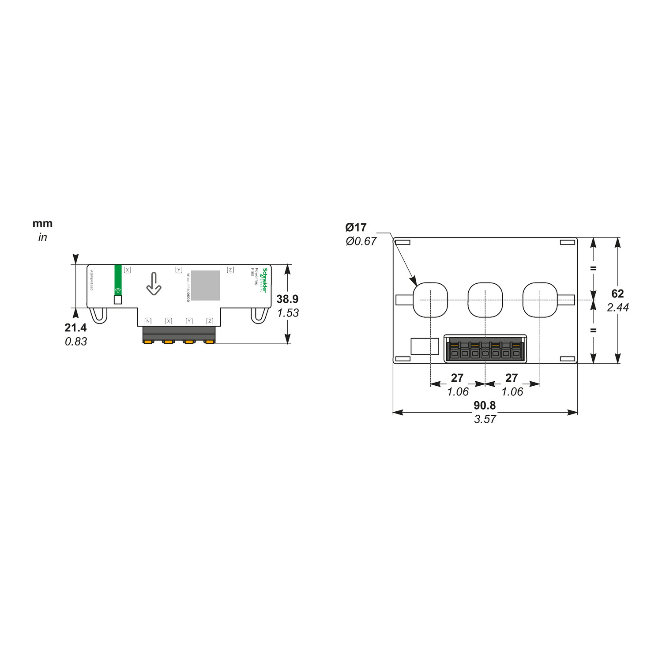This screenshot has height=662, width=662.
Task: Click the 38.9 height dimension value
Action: [287, 299]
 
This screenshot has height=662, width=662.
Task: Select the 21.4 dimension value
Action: [75, 327]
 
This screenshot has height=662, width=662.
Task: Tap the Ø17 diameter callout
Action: [356, 227]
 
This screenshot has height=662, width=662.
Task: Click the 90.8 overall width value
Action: [485, 405]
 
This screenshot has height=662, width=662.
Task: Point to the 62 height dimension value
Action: [617, 293]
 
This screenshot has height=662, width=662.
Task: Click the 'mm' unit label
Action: [42, 223]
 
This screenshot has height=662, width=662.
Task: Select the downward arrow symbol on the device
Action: [154, 284]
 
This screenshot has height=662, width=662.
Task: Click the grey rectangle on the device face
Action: [205, 285]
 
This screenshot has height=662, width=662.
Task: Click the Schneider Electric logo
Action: [264, 280]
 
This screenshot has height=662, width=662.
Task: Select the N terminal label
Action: [148, 321]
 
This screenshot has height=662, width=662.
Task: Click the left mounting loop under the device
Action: [98, 315]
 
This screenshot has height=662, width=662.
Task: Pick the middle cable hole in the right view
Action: [485, 300]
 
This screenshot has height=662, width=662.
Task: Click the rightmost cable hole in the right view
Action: [540, 300]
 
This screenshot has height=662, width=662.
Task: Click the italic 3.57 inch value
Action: [485, 419]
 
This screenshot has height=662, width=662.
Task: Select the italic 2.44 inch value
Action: [617, 307]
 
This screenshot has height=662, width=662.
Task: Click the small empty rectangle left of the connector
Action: [425, 346]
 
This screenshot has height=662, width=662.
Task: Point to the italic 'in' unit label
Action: [42, 237]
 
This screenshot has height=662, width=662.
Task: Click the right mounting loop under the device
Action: [259, 315]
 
